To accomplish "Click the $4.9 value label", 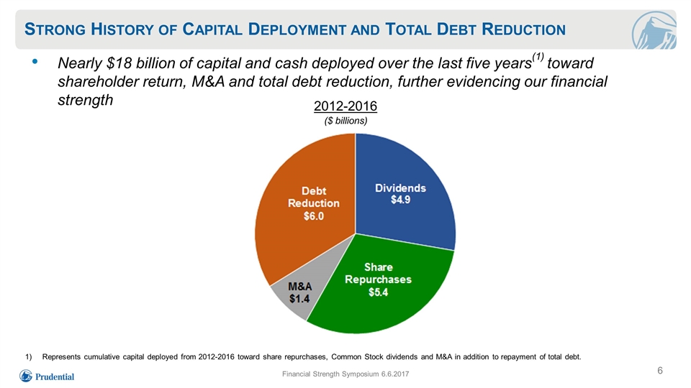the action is coord(401,200).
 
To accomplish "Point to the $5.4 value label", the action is coord(378,292).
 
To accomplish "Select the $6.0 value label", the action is coord(314,216).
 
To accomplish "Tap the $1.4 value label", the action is coord(299,299).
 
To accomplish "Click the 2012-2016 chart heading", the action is coord(345,106).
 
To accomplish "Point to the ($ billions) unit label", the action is coord(346,121).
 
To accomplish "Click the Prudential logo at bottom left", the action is coord(47,376).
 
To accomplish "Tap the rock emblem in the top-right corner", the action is coord(654,30).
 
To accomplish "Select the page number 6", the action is coord(660,371).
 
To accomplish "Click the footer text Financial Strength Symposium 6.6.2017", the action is coord(345,374).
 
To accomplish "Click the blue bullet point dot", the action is coord(35,62).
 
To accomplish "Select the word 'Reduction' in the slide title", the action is coord(523,29).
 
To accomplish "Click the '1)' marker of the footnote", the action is coord(29,357).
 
